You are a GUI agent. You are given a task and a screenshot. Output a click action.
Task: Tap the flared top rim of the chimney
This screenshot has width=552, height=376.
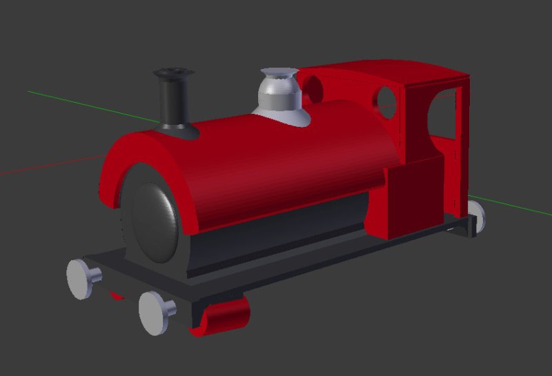coord(173,73)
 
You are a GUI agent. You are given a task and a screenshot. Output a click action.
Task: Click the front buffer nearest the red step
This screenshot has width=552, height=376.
coord(157,313)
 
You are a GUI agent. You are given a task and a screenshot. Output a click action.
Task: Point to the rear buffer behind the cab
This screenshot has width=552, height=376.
coord(475,215)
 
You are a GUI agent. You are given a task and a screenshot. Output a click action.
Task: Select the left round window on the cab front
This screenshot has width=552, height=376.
coord(313,89)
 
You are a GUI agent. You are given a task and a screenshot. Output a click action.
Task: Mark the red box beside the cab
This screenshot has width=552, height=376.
coord(414,197)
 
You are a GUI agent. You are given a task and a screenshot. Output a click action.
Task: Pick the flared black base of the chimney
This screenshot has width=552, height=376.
coord(175,129)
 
